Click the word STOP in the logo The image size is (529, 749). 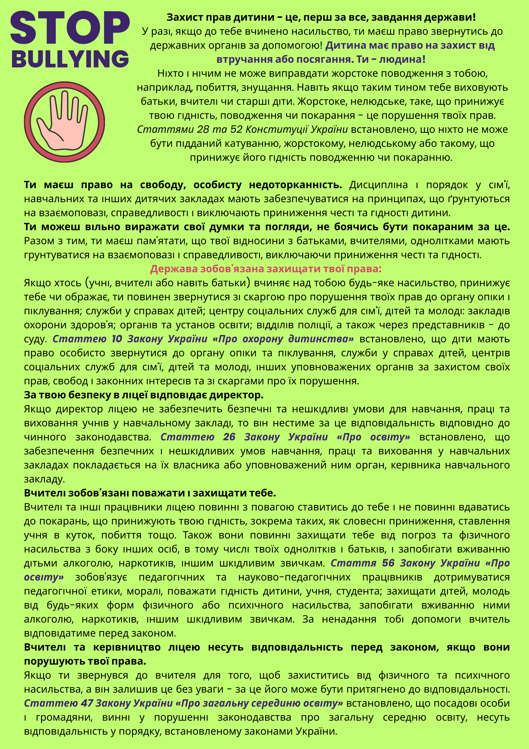click(70, 28)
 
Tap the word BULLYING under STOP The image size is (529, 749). click(70, 59)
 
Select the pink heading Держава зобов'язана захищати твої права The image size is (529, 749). click(266, 269)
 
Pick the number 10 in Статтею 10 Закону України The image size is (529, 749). click(117, 339)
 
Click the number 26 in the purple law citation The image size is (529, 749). click(229, 437)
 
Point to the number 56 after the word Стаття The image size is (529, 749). click(388, 563)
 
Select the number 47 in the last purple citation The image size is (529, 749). click(87, 703)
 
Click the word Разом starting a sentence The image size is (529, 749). click(39, 241)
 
